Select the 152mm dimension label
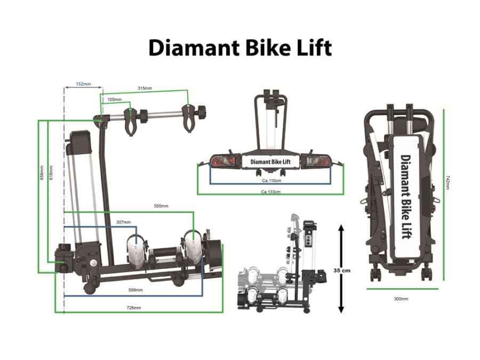click(83, 84)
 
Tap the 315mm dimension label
click(145, 88)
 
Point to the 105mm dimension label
click(114, 99)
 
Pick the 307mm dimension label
click(123, 222)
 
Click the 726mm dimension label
click(134, 308)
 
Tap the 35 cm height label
click(342, 270)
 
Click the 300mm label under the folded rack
click(401, 299)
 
